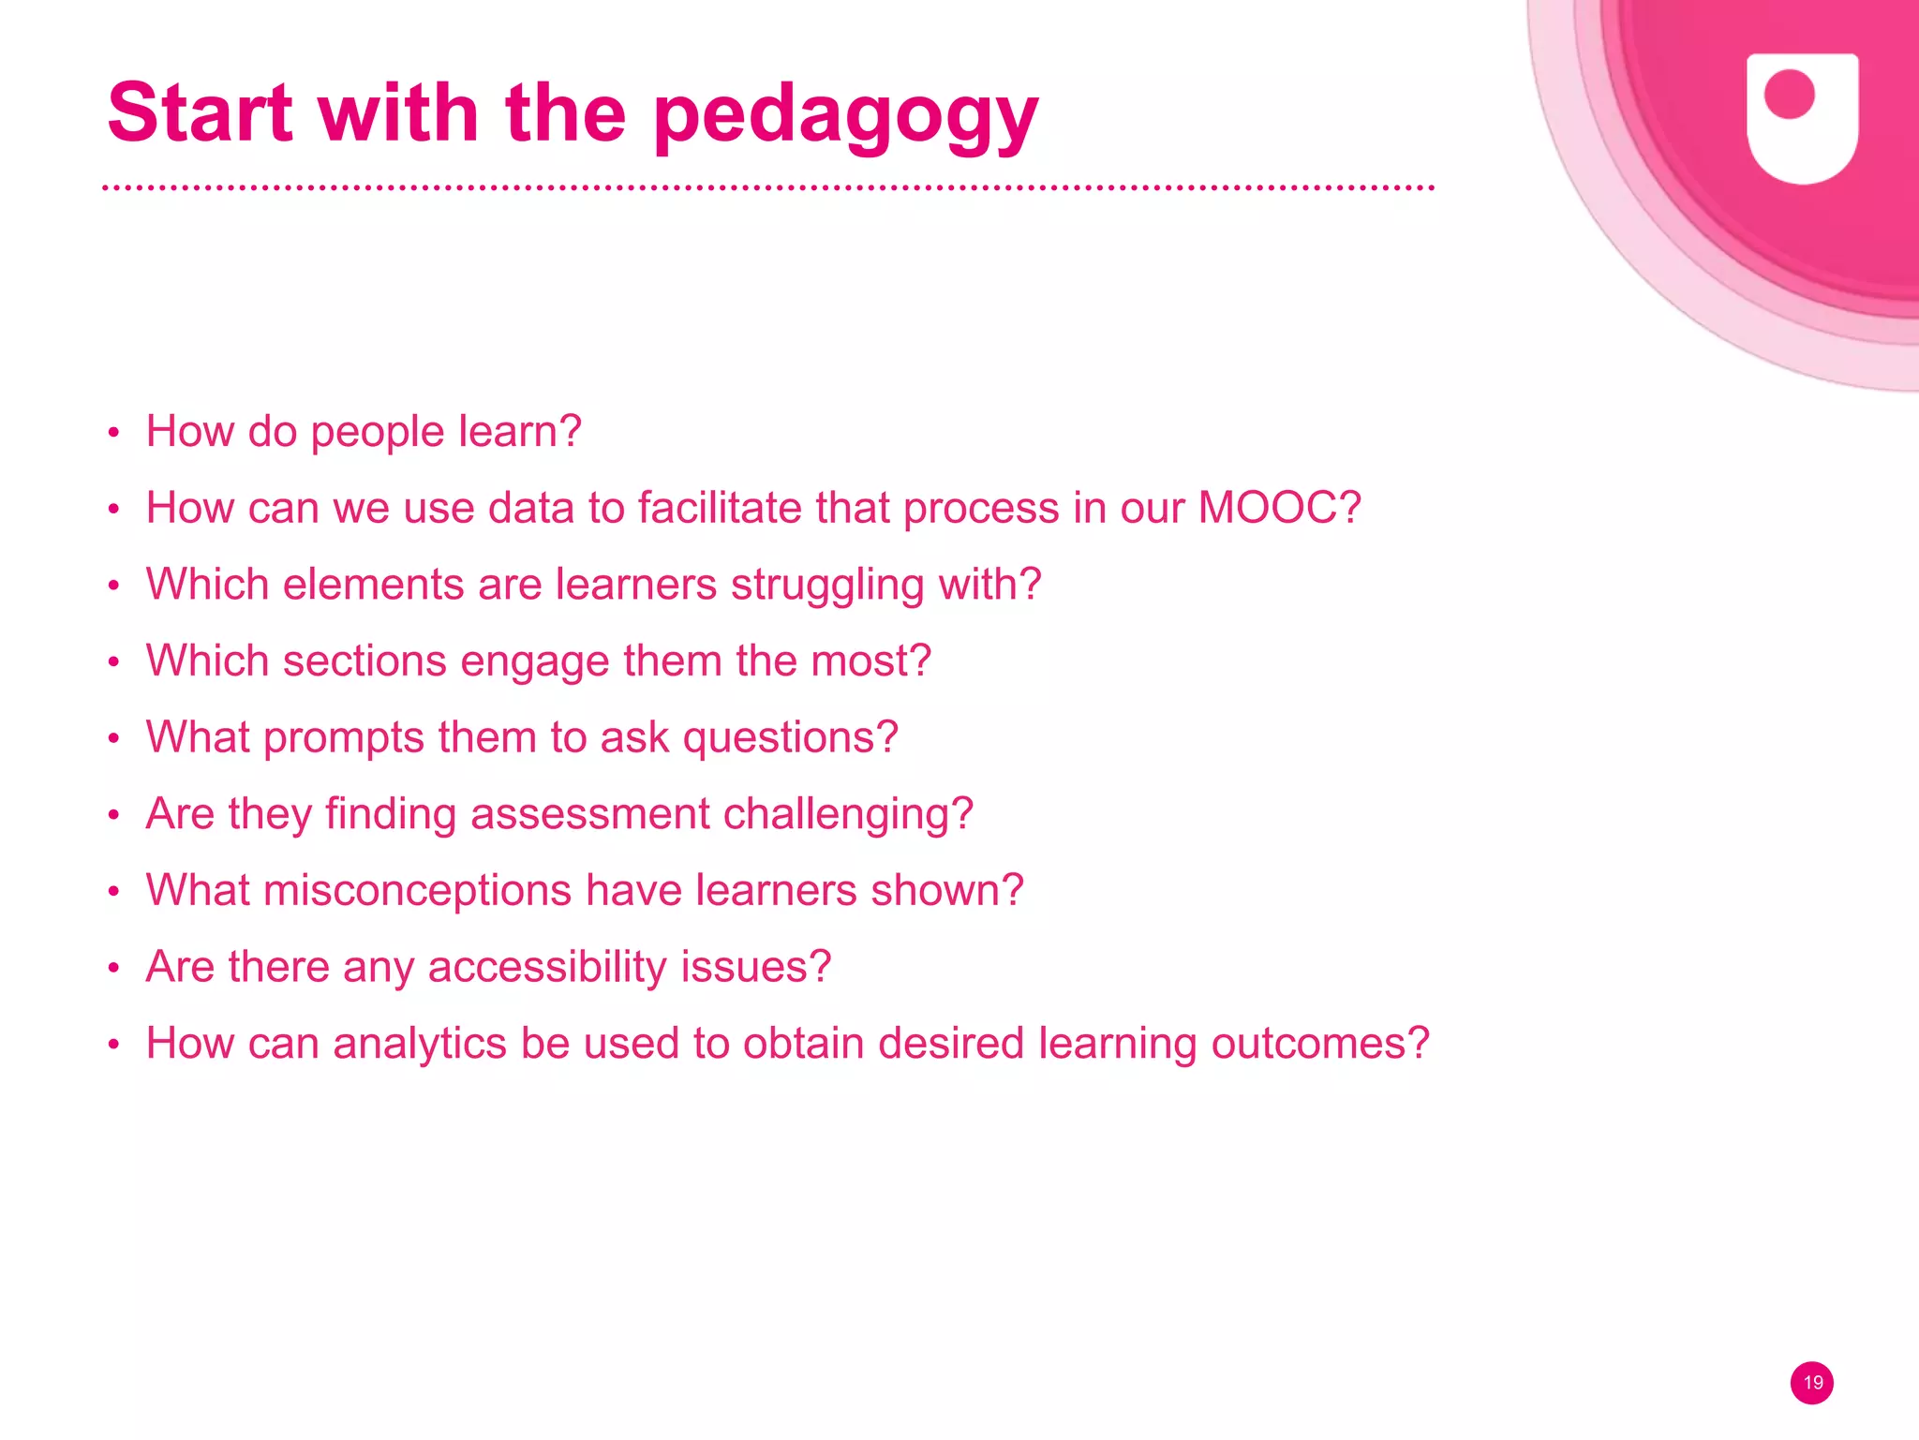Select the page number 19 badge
click(x=1812, y=1383)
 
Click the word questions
click(x=790, y=738)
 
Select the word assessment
click(x=590, y=813)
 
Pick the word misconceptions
click(x=417, y=891)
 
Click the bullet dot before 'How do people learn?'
click(x=113, y=433)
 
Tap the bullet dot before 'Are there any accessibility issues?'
click(x=113, y=968)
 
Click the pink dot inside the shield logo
click(x=1789, y=95)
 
